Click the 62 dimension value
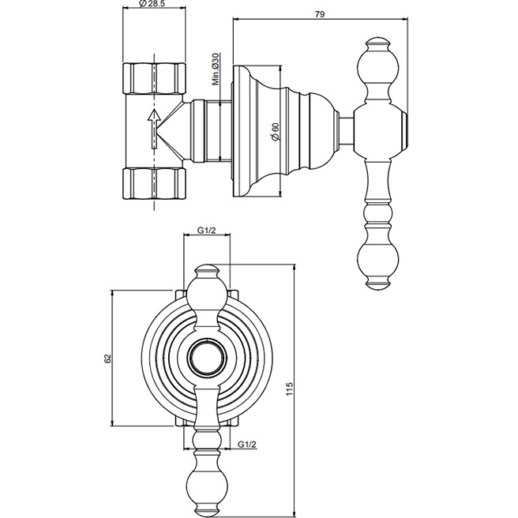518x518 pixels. (107, 358)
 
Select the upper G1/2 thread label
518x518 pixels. (206, 231)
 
